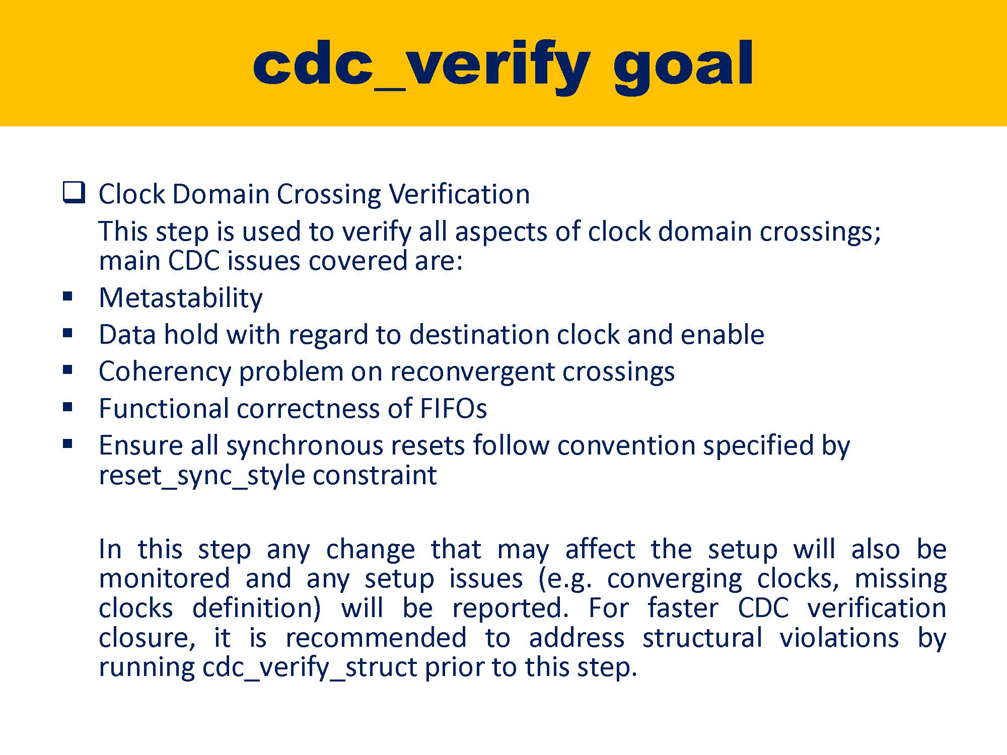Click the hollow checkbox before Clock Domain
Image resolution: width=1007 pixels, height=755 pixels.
pos(74,193)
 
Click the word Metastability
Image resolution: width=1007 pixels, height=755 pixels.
pos(180,298)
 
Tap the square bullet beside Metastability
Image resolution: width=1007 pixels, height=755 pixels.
pos(68,296)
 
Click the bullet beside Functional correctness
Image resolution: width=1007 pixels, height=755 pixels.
pos(68,407)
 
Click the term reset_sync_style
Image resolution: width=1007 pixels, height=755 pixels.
pos(201,475)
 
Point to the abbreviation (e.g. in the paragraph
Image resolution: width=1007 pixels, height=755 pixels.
pos(565,579)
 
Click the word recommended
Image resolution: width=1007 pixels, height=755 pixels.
pos(376,638)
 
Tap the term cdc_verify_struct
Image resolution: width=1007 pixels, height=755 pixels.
pos(310,667)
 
